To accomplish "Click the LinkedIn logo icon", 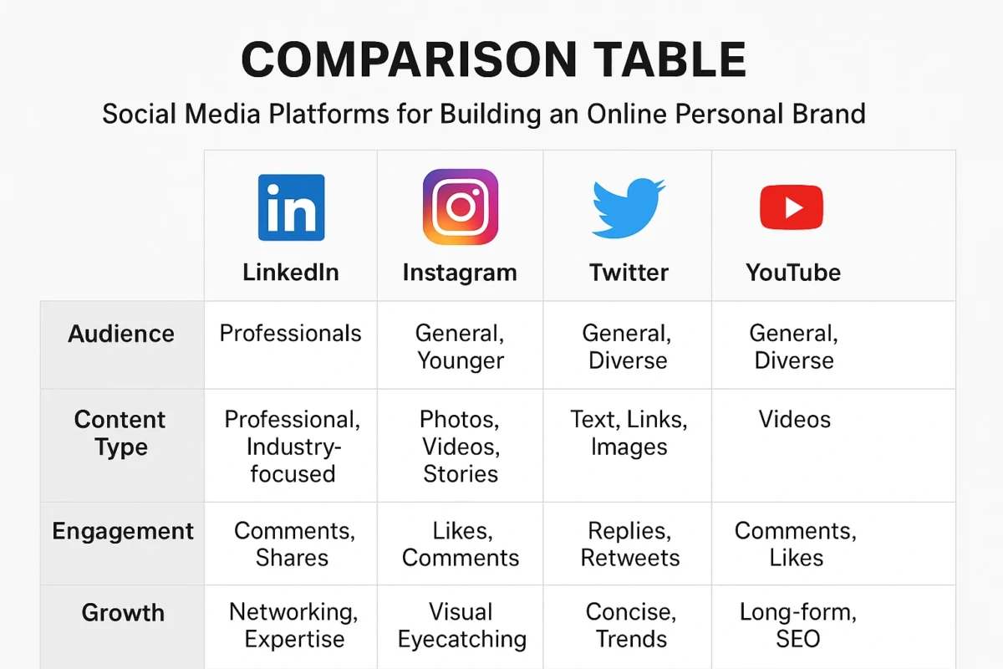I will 292,208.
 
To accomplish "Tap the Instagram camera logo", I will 461,207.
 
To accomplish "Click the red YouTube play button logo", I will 792,207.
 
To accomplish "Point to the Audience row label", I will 121,334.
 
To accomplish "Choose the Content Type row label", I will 120,433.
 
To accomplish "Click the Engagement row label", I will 123,531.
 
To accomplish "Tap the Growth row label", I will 122,612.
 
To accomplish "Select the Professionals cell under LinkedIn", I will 290,334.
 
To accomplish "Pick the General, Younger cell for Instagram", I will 461,347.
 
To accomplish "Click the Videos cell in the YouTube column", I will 795,419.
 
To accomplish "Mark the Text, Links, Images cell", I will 629,433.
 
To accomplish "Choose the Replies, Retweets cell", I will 629,544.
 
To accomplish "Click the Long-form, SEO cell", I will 797,626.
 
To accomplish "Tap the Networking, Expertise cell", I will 293,626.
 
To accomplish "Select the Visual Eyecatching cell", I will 461,626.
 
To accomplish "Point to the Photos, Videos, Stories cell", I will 461,447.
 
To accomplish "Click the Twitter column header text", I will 629,273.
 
